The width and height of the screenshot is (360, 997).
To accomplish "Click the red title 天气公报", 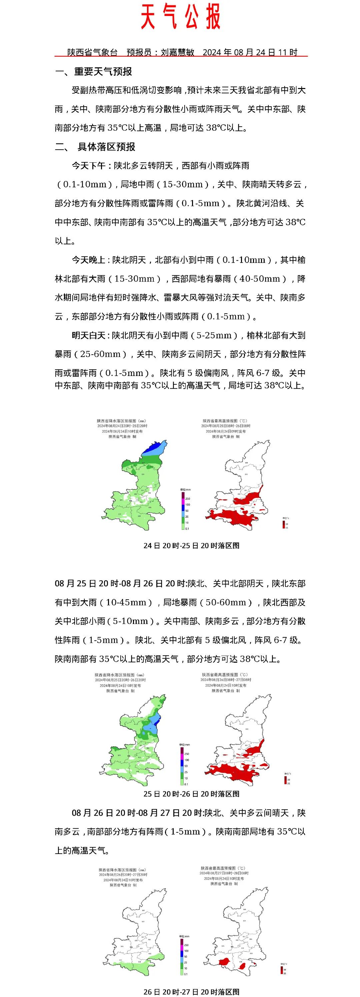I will [x=180, y=17].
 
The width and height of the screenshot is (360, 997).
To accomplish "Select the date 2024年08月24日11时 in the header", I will [x=250, y=52].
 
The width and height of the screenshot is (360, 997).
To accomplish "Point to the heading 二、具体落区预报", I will [x=95, y=147].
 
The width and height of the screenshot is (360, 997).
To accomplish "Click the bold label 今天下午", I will [x=88, y=166].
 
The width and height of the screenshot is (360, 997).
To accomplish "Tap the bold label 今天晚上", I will [x=88, y=260].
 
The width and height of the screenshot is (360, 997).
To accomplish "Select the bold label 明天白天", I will [x=88, y=336].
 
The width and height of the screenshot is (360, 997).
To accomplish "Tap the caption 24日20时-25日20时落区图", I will [x=191, y=546].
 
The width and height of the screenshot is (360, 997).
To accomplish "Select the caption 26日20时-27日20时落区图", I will [x=191, y=992].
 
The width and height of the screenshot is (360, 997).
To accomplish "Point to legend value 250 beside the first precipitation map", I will [x=187, y=499].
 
